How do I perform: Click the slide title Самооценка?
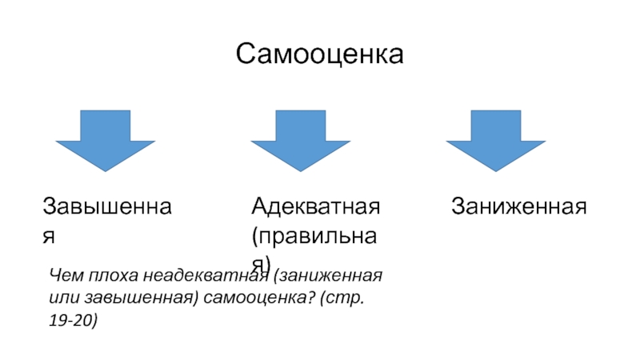320,54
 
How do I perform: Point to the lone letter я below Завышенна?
49,237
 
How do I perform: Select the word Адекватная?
315,206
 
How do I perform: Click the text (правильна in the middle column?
315,236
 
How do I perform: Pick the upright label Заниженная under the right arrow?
519,206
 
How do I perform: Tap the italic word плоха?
110,276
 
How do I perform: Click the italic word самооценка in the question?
247,298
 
